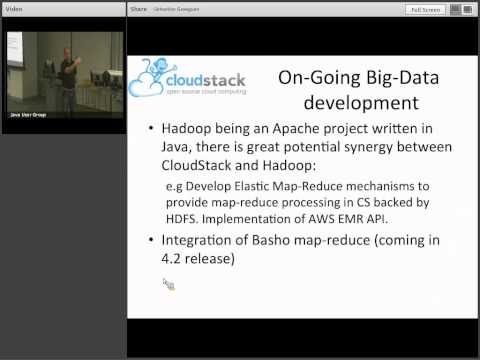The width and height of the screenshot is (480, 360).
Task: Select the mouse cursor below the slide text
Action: point(167,284)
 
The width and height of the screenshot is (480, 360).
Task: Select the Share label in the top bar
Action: point(139,10)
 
